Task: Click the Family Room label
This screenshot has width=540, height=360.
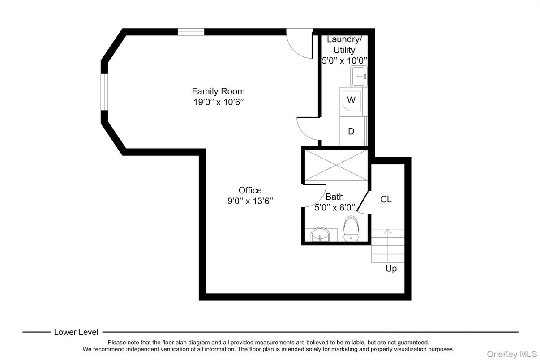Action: pos(218,91)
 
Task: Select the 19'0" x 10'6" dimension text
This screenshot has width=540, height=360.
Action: pos(218,102)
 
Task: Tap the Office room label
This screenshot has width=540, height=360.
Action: pos(250,190)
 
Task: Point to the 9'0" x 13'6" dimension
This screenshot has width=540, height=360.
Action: pos(250,201)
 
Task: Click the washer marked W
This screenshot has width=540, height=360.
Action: pos(351,99)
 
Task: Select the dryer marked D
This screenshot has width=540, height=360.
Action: pos(352,131)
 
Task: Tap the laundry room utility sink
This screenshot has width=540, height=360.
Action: pos(359,76)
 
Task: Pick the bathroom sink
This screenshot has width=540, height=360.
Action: pos(321,234)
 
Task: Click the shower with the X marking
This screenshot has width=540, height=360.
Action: pos(336,166)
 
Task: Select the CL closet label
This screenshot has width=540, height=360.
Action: pos(386,200)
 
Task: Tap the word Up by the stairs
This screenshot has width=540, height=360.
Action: pos(391,269)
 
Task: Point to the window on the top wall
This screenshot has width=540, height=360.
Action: pos(191,32)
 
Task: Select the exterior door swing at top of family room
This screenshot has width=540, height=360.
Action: pos(299,44)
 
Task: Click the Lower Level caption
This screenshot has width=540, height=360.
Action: pos(76,332)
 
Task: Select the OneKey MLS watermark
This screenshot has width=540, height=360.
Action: pos(511,354)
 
